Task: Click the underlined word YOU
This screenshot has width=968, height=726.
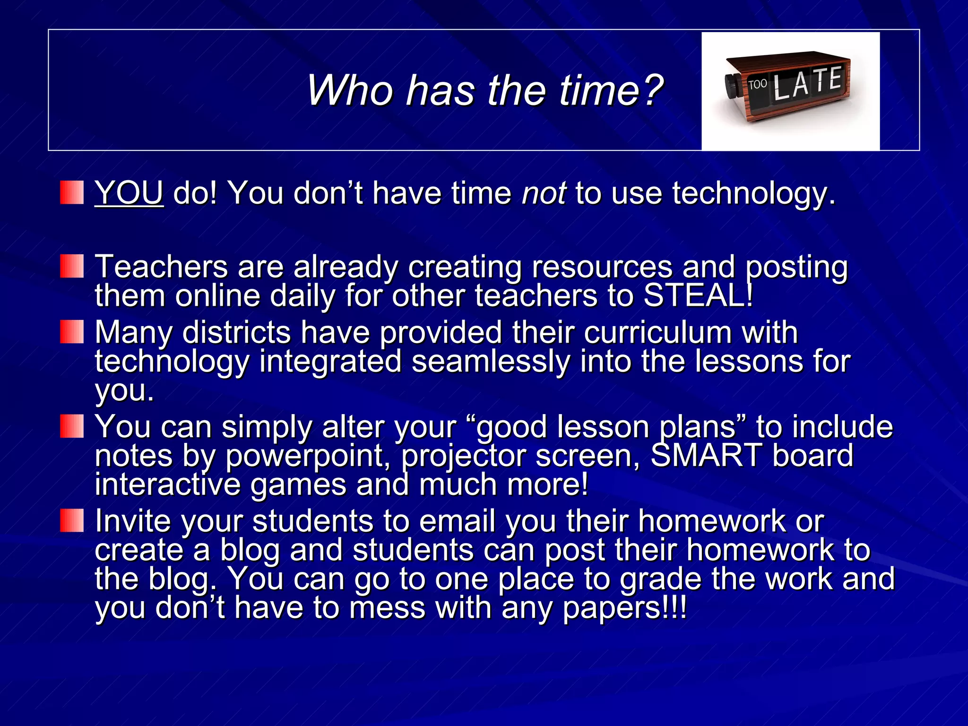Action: point(129,193)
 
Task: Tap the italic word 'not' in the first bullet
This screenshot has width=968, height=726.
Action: point(544,193)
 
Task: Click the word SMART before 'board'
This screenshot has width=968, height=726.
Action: point(706,455)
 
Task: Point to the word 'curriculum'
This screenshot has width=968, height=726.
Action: point(657,332)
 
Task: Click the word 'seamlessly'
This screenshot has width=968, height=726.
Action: point(490,362)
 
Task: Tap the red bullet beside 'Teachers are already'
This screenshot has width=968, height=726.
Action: point(72,266)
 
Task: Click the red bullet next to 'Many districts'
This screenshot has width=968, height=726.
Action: point(72,331)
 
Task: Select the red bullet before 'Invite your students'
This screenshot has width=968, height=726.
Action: point(72,520)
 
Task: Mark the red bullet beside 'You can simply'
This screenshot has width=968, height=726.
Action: point(72,426)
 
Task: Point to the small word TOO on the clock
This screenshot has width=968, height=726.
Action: point(757,85)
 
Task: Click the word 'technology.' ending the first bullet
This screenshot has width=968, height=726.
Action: point(753,193)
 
